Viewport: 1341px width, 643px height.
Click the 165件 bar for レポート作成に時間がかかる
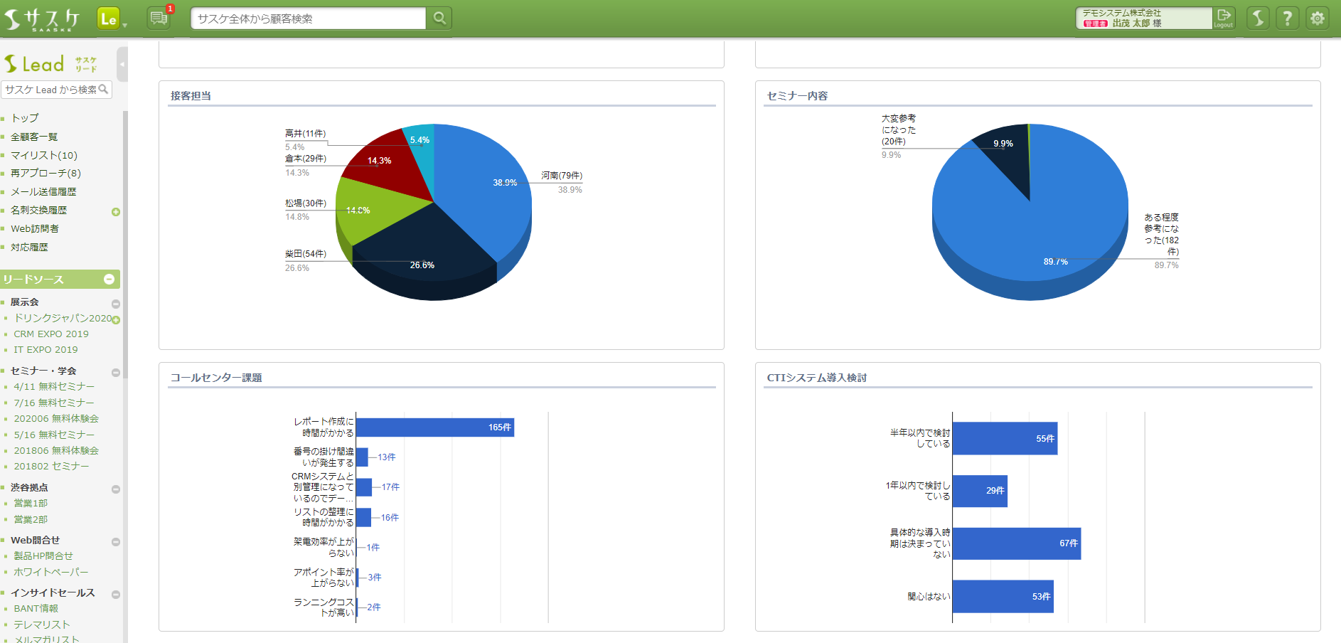point(434,427)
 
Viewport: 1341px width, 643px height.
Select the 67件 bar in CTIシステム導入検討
point(1016,543)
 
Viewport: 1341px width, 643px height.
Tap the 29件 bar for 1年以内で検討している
point(979,491)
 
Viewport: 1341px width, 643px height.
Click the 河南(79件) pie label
point(561,176)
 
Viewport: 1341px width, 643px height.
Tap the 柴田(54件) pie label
point(306,254)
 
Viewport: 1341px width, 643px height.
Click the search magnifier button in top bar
point(439,18)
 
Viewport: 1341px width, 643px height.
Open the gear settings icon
point(1317,18)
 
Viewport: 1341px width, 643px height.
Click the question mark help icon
point(1287,18)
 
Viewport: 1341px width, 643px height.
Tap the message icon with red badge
point(159,18)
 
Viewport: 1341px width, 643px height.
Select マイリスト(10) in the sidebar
point(44,155)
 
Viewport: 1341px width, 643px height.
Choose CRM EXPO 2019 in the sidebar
point(51,334)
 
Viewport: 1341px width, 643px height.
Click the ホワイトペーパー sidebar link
point(51,572)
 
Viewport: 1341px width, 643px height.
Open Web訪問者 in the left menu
point(35,228)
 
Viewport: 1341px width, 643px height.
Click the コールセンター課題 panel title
point(216,378)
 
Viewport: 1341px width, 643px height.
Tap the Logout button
point(1223,18)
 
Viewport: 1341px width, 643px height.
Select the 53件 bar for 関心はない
point(1003,596)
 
